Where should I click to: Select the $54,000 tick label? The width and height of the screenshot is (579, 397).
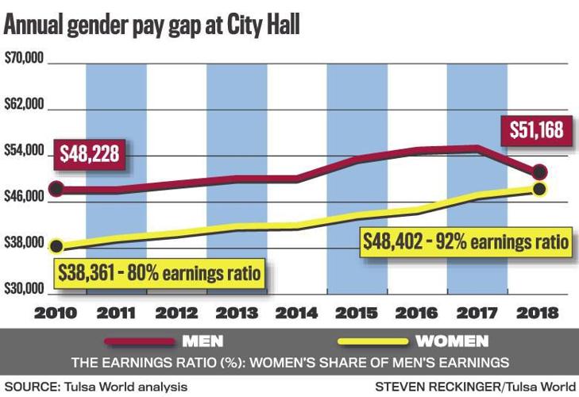[23, 152]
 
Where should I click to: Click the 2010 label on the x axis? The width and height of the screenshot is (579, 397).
[56, 313]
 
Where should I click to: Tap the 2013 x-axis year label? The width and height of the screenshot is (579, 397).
[236, 313]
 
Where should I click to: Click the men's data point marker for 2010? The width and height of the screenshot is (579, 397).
[56, 189]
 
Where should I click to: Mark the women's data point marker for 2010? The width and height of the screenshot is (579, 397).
[56, 246]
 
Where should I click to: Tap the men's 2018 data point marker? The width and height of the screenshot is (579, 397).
[539, 172]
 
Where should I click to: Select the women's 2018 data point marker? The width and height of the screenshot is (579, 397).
[539, 189]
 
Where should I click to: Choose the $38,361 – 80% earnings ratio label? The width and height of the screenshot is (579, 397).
[160, 275]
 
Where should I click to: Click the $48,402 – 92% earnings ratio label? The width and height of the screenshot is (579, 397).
[466, 241]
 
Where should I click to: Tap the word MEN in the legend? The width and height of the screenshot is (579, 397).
[203, 342]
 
